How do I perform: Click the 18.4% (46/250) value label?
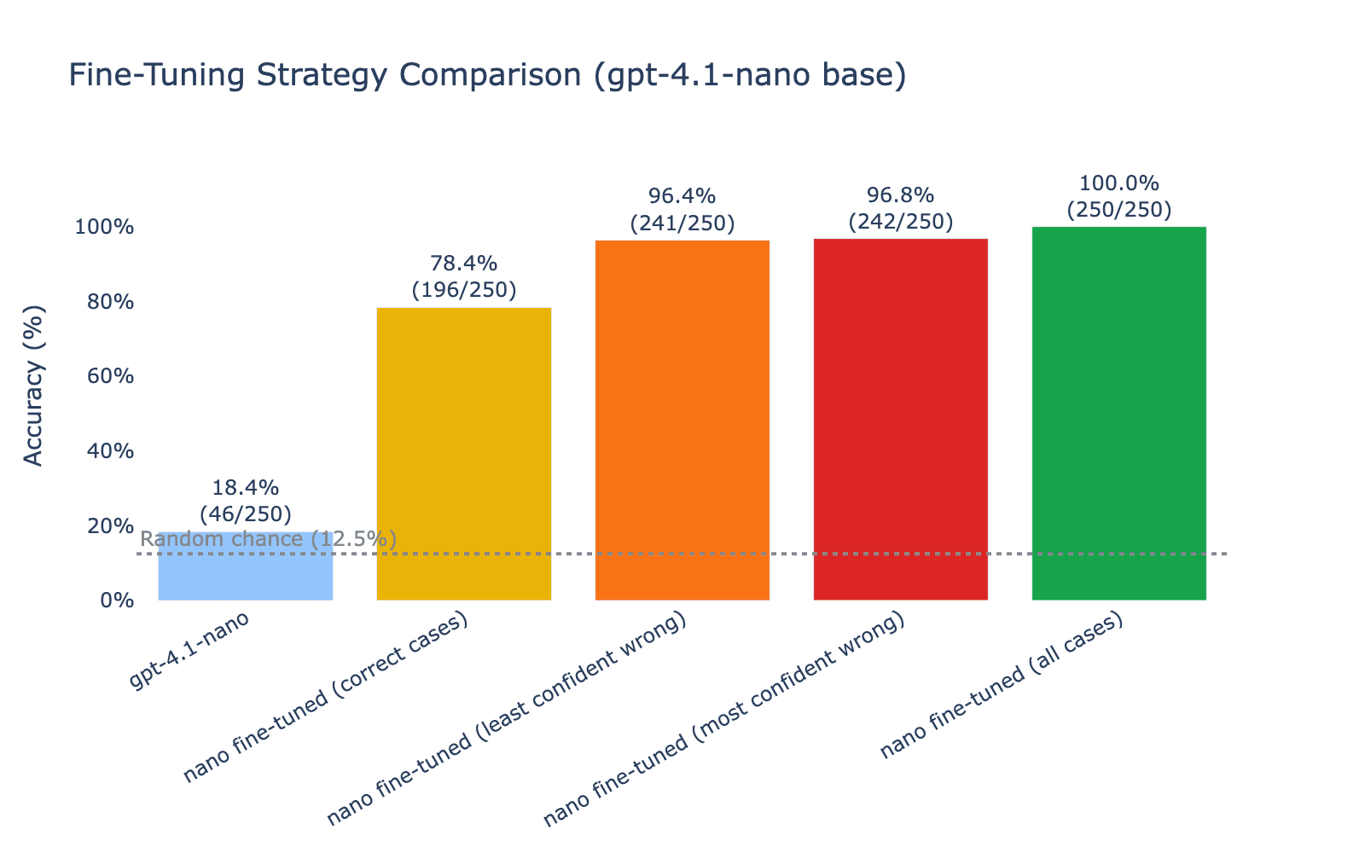[x=246, y=502]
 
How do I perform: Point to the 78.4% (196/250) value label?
[x=464, y=277]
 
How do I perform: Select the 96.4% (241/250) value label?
[x=682, y=210]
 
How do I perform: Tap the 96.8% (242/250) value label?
[x=901, y=209]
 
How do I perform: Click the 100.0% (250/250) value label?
[x=1119, y=197]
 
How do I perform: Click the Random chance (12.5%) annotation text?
[x=268, y=539]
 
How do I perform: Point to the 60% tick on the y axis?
[x=113, y=376]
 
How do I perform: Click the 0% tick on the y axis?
[x=118, y=601]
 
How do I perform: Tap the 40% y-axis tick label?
[x=113, y=451]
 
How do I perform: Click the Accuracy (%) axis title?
[x=33, y=386]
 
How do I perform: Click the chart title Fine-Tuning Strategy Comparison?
[x=486, y=76]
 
